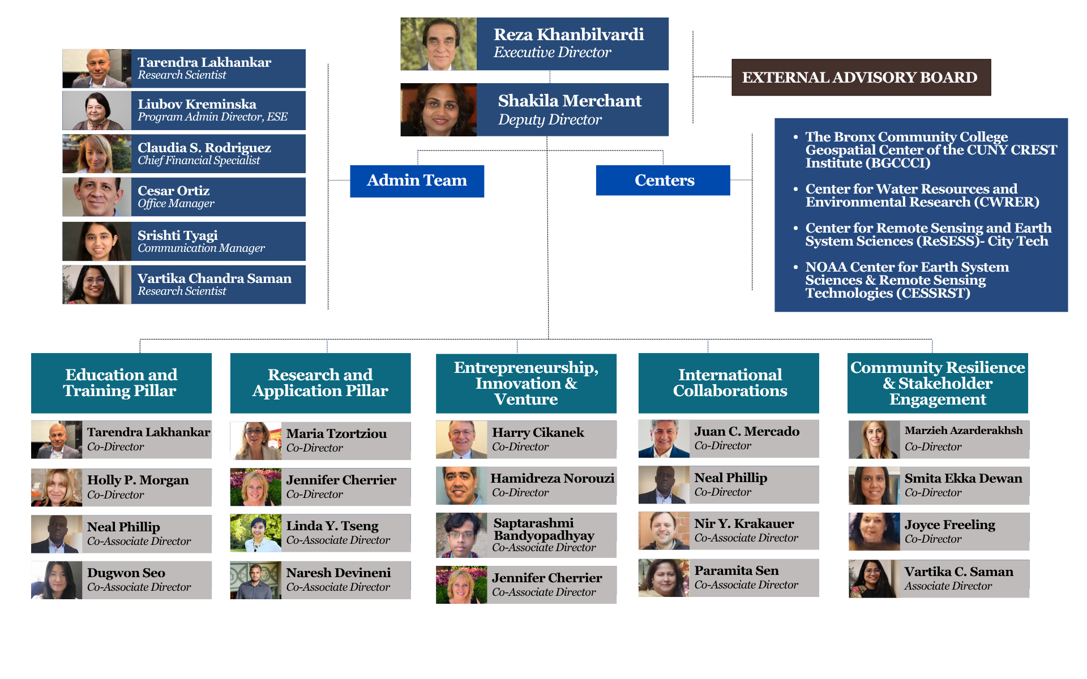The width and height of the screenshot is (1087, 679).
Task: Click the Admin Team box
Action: [x=417, y=181]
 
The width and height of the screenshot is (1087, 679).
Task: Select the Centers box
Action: [x=663, y=181]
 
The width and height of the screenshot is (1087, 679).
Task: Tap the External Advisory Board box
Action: [x=861, y=78]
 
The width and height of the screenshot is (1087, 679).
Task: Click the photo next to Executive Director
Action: [x=438, y=44]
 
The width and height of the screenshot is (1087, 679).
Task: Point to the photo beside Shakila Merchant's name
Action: [x=438, y=110]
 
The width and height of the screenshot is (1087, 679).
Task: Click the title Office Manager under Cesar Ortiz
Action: [x=176, y=204]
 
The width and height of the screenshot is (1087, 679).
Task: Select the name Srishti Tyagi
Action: [x=177, y=235]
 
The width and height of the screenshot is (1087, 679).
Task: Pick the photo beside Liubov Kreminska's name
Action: [x=97, y=111]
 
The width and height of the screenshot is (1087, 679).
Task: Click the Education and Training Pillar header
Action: [x=121, y=383]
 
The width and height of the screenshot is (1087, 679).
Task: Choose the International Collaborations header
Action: [x=729, y=383]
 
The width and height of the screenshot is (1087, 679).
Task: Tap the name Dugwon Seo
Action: [x=126, y=573]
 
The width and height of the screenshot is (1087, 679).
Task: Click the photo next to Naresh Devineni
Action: [x=255, y=580]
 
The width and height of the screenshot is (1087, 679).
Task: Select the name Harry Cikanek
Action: [x=538, y=432]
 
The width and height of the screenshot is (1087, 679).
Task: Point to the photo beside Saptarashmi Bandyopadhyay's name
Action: [x=461, y=535]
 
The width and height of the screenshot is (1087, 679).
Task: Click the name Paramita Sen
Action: [x=736, y=570]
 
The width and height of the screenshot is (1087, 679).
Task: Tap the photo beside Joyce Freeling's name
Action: [x=874, y=532]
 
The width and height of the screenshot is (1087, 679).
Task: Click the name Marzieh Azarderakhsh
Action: [x=963, y=431]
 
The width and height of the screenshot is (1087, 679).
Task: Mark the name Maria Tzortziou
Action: [x=336, y=433]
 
